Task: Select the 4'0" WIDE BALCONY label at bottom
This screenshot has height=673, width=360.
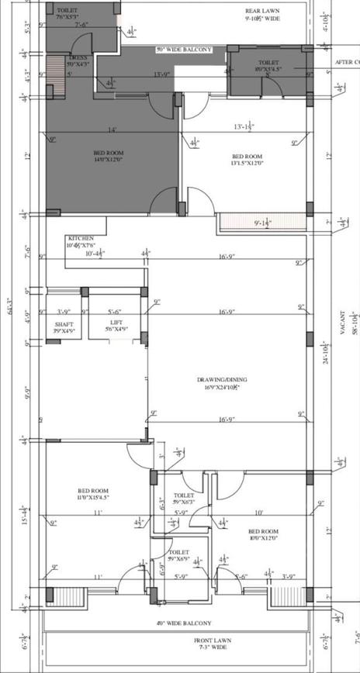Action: [x=183, y=623]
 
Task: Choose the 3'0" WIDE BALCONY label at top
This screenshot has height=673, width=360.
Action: [x=184, y=50]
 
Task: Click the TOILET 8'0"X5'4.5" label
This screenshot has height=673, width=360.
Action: [x=268, y=66]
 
